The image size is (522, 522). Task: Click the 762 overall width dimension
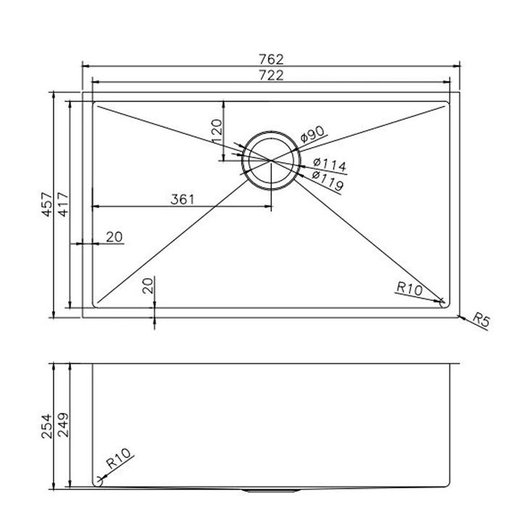point(270,59)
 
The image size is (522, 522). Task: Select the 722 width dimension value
point(270,75)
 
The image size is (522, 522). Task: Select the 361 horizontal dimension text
point(182,199)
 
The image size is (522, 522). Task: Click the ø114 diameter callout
point(328,163)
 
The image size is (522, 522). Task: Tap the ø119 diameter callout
point(328,176)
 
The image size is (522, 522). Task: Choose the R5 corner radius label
point(479,319)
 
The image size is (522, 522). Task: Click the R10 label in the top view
point(409,288)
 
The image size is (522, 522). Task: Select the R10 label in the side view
point(117,460)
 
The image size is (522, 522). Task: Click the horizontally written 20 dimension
point(114,236)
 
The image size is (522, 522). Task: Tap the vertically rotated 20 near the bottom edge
point(148,285)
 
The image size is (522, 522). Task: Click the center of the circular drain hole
point(270,158)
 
